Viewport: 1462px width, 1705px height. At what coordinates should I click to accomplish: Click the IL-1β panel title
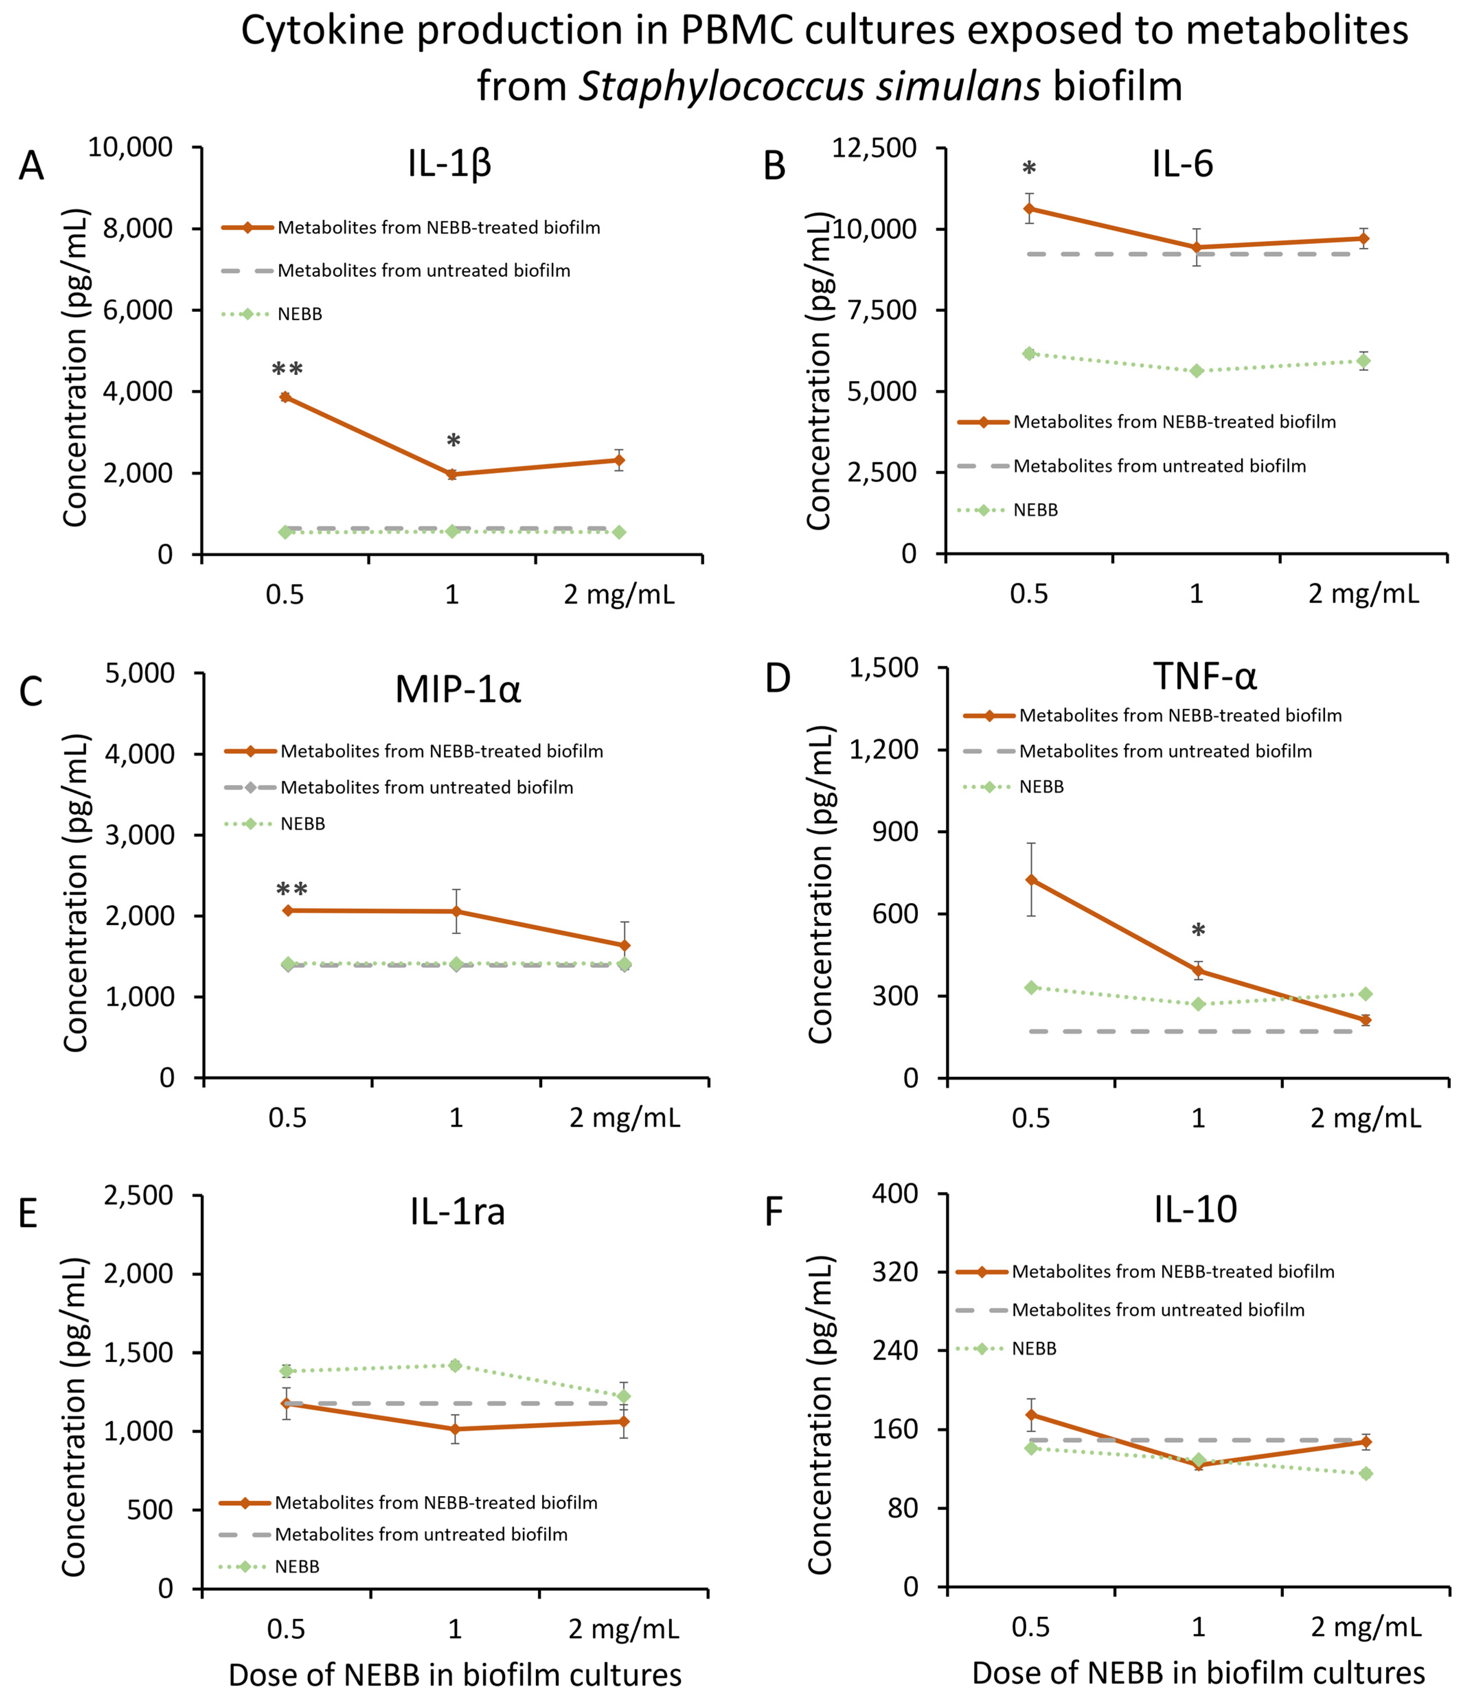coord(449,164)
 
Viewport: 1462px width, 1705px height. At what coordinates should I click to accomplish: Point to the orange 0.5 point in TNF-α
coord(1031,880)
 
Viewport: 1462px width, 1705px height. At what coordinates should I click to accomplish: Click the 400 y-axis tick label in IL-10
coord(895,1193)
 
